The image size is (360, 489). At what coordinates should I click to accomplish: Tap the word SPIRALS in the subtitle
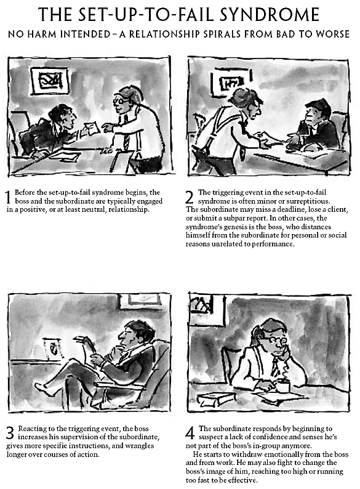pos(222,34)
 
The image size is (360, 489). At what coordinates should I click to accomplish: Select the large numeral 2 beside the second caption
pos(190,197)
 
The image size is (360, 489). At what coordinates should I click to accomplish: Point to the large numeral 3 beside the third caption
pos(10,433)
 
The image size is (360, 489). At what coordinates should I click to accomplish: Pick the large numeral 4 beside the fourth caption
pos(190,433)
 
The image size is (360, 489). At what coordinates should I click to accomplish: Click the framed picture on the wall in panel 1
pos(50,81)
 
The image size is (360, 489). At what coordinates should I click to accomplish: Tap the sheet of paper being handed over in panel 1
pos(92,127)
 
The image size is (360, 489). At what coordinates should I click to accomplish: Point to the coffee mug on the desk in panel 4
pos(282,386)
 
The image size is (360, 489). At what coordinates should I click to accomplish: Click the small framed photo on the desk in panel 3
pos(54,349)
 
